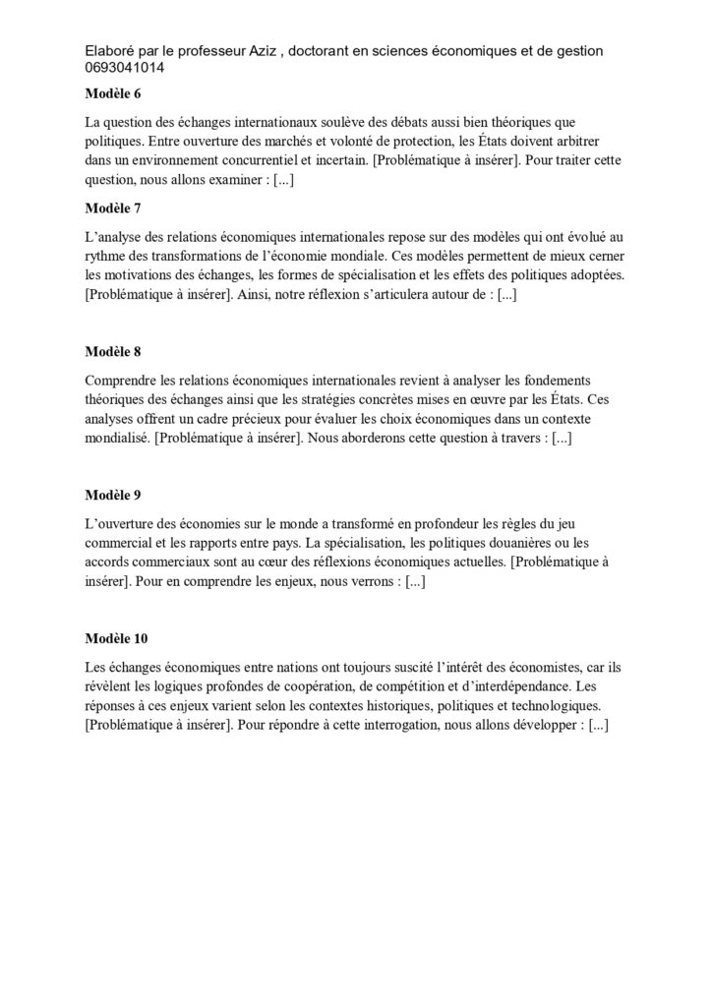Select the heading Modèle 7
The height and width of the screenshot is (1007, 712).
click(113, 208)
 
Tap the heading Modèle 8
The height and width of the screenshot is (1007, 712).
click(113, 350)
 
